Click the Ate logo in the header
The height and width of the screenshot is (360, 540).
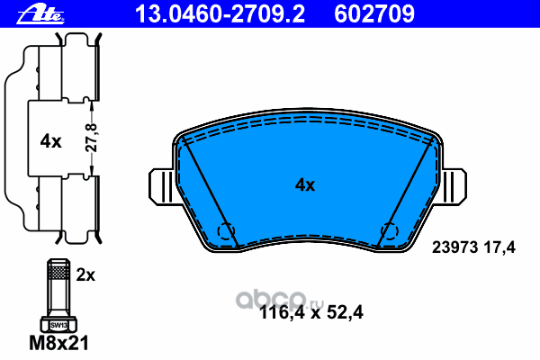pyautogui.click(x=40, y=15)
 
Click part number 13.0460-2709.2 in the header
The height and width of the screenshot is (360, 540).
pyautogui.click(x=220, y=14)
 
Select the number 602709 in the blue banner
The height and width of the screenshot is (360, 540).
pyautogui.click(x=374, y=14)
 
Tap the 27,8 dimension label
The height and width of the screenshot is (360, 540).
pyautogui.click(x=91, y=138)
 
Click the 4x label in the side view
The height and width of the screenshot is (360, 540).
pyautogui.click(x=50, y=141)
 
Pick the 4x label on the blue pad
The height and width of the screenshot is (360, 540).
pyautogui.click(x=305, y=185)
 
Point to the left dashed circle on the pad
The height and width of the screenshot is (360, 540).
pyautogui.click(x=226, y=231)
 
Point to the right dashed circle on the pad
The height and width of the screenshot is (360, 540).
pyautogui.click(x=390, y=231)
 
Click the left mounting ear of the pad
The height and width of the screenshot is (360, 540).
pyautogui.click(x=161, y=186)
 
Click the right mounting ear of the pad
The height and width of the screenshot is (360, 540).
pyautogui.click(x=454, y=186)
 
